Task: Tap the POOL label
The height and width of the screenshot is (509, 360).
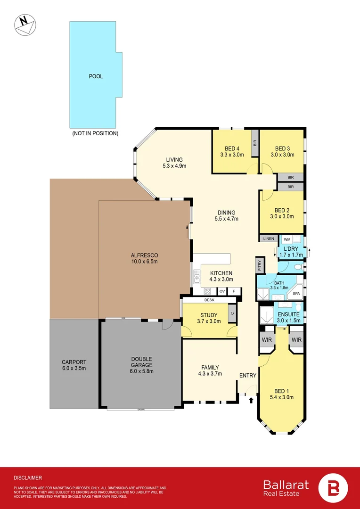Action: point(96,76)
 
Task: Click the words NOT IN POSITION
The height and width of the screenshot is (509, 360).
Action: point(95,133)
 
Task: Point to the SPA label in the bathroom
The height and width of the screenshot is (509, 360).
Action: point(296,294)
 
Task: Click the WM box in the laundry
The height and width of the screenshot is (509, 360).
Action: point(287,240)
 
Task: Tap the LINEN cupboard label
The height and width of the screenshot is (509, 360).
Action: point(269,239)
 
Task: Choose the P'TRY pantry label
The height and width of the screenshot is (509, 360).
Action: point(259,265)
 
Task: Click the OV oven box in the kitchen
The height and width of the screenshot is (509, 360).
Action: point(221,291)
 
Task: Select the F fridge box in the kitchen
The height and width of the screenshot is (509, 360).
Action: point(233,291)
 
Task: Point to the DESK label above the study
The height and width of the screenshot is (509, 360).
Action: point(209,300)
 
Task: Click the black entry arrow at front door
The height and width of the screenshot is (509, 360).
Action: point(251,400)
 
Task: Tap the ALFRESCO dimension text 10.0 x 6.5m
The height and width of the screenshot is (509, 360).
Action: point(144,261)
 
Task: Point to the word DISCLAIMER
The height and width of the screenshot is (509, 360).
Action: point(28,477)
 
